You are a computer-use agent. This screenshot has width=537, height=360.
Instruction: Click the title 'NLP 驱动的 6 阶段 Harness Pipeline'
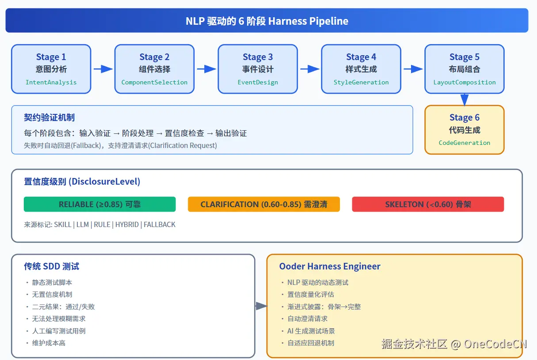tap(267, 21)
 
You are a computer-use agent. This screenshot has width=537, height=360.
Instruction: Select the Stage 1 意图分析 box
tap(51, 69)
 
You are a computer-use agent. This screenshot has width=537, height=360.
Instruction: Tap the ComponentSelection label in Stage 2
tap(154, 83)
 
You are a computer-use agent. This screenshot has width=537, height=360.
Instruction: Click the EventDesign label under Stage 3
tap(258, 83)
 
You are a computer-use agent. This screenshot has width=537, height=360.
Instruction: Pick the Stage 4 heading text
tap(361, 57)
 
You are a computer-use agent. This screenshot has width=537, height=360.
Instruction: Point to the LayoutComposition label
tap(465, 83)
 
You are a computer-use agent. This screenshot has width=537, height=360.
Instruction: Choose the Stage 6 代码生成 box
tap(465, 130)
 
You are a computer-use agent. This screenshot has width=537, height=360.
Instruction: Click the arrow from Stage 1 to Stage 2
tap(103, 69)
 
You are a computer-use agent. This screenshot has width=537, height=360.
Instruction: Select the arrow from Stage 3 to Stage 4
tap(310, 69)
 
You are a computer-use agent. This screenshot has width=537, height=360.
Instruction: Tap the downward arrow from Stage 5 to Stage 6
tap(465, 100)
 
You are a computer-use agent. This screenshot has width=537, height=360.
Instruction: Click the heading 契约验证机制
tap(49, 117)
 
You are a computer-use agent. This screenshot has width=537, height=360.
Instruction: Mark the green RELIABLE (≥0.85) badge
tap(100, 205)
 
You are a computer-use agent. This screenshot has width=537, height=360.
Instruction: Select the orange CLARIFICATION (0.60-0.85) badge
tap(264, 205)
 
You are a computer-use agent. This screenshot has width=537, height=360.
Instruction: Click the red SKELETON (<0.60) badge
tap(428, 205)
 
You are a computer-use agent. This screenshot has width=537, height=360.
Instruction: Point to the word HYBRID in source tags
tap(127, 225)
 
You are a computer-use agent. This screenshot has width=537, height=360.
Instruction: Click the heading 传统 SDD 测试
tap(51, 266)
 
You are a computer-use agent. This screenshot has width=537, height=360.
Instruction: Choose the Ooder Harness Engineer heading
tap(330, 266)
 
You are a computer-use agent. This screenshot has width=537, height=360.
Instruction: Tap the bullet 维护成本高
tap(49, 343)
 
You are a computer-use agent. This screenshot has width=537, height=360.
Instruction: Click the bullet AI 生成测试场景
tap(311, 331)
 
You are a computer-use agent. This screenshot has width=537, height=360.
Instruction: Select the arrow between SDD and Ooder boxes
tap(261, 306)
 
